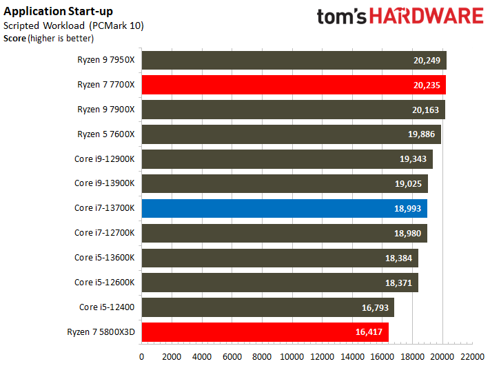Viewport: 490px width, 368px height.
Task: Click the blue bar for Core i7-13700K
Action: [285, 208]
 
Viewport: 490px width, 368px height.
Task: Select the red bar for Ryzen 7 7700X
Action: [294, 85]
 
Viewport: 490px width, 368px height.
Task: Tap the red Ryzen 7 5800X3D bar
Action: [265, 332]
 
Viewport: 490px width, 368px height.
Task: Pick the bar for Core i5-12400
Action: [268, 307]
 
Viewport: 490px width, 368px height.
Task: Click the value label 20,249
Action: [427, 60]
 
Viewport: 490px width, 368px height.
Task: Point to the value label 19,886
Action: [421, 134]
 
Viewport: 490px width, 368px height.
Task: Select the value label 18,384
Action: [398, 258]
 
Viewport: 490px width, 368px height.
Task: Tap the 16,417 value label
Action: [369, 331]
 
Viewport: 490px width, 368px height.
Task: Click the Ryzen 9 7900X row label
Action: [106, 110]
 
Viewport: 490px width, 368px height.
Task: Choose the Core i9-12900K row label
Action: [104, 159]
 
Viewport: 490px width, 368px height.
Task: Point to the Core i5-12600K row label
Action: [104, 283]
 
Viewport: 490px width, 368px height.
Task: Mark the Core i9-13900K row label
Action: [104, 183]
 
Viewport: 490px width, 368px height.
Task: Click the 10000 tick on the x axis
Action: [292, 357]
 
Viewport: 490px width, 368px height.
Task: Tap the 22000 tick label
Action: [472, 357]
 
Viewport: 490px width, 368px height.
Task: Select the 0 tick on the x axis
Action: [141, 357]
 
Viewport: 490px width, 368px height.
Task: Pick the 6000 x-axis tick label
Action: [232, 357]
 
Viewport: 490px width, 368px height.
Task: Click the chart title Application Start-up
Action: [58, 12]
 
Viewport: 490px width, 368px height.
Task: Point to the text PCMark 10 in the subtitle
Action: [117, 25]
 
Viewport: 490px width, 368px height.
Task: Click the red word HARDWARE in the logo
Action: [427, 17]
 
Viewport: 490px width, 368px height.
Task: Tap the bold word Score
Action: [14, 39]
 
